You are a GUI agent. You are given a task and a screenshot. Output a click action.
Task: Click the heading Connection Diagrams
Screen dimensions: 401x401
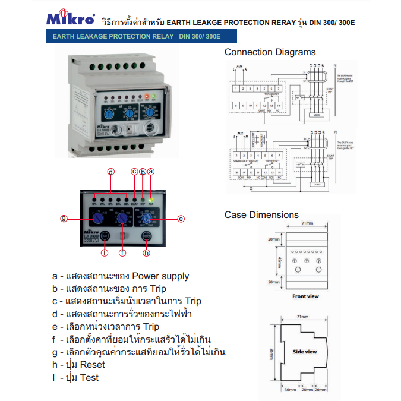pyautogui.click(x=270, y=52)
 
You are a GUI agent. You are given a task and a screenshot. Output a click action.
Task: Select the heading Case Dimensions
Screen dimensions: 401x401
pyautogui.click(x=261, y=214)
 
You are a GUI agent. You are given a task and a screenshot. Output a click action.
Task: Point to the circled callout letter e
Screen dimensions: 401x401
pyautogui.click(x=181, y=219)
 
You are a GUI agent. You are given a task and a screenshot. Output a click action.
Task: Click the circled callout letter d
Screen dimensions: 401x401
pyautogui.click(x=110, y=172)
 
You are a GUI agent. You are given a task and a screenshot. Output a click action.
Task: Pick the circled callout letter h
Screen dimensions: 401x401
pyautogui.click(x=147, y=252)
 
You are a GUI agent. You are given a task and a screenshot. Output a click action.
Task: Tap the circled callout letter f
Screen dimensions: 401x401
pyautogui.click(x=122, y=252)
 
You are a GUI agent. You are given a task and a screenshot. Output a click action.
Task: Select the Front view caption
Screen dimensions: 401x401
pyautogui.click(x=305, y=295)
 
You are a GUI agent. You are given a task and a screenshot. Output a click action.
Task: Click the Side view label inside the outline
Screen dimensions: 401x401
pyautogui.click(x=305, y=352)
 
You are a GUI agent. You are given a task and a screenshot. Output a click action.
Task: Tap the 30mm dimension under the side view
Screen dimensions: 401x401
pyautogui.click(x=290, y=390)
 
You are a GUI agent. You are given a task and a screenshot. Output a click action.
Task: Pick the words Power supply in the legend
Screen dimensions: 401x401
pyautogui.click(x=160, y=276)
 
